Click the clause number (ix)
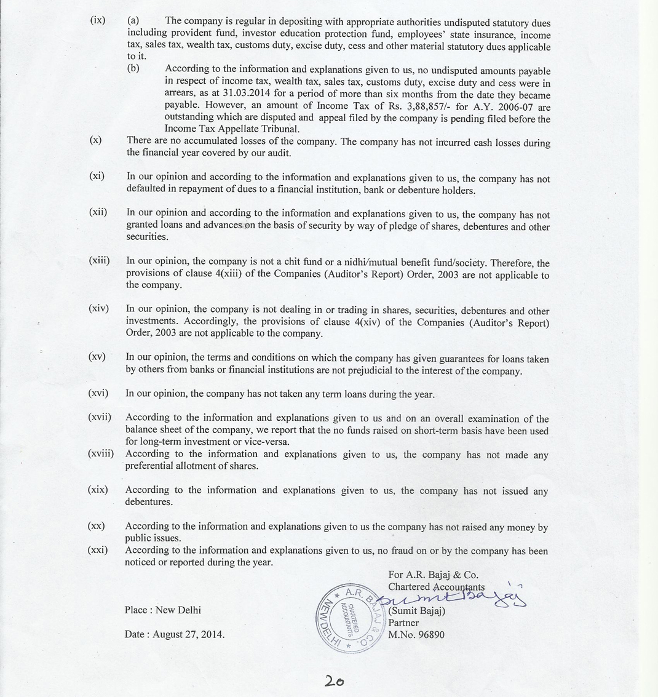[97, 20]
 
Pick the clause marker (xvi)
[98, 393]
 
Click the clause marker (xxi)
[97, 550]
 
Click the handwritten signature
[455, 597]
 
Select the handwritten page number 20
[335, 681]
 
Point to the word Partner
[403, 623]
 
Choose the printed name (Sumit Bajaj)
[416, 611]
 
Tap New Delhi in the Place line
[178, 610]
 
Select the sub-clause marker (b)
[133, 68]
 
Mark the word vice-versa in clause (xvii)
[267, 441]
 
